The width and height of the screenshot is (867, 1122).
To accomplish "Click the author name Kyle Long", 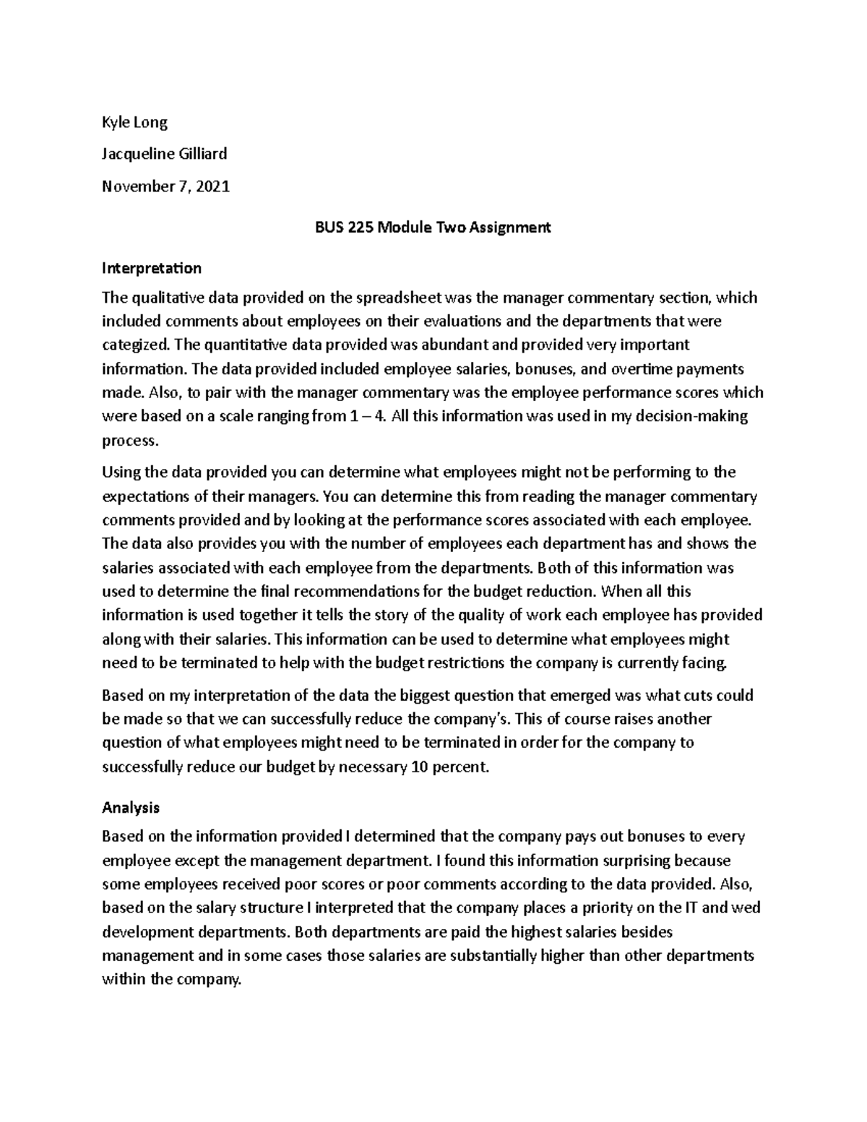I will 134,122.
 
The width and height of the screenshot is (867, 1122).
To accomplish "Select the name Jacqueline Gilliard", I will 165,154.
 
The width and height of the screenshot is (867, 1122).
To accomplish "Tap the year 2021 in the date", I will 214,186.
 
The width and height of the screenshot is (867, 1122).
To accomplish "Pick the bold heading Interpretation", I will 152,268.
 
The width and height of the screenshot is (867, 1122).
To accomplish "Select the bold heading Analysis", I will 131,807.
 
